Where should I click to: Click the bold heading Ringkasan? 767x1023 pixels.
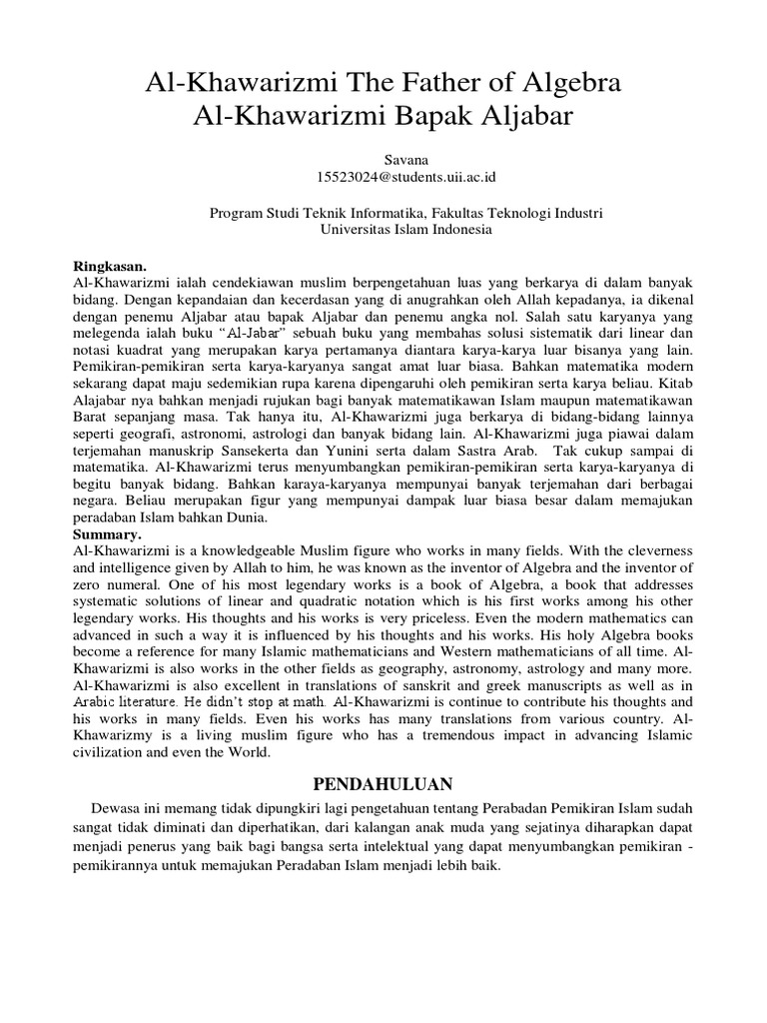(x=110, y=267)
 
